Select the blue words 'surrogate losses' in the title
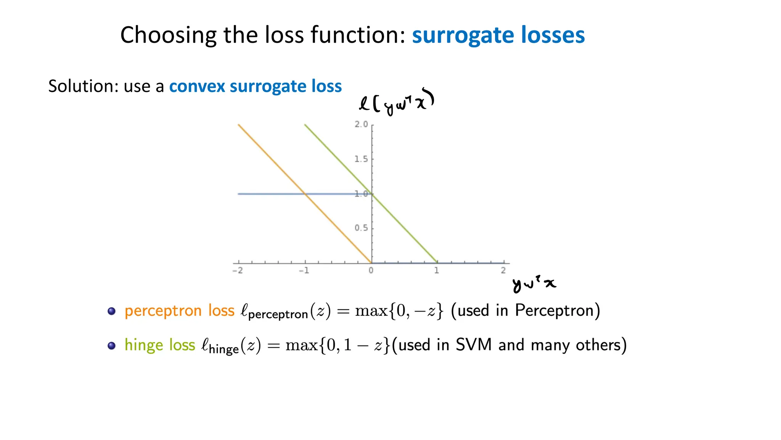pyautogui.click(x=498, y=35)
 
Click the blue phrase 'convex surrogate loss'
pyautogui.click(x=255, y=86)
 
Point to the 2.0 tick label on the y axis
pyautogui.click(x=361, y=124)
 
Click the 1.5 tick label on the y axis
pyautogui.click(x=361, y=159)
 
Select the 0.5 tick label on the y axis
pyautogui.click(x=361, y=228)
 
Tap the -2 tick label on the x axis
pyautogui.click(x=238, y=270)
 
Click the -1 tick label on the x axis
pyautogui.click(x=304, y=270)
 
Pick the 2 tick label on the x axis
pyautogui.click(x=503, y=270)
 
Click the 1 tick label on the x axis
pyautogui.click(x=437, y=270)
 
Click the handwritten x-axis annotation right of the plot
pyautogui.click(x=534, y=284)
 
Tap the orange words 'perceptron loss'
pyautogui.click(x=179, y=311)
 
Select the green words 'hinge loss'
pyautogui.click(x=160, y=345)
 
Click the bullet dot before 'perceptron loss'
pyautogui.click(x=111, y=311)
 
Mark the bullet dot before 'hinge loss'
pyautogui.click(x=111, y=345)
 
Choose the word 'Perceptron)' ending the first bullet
pyautogui.click(x=558, y=311)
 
